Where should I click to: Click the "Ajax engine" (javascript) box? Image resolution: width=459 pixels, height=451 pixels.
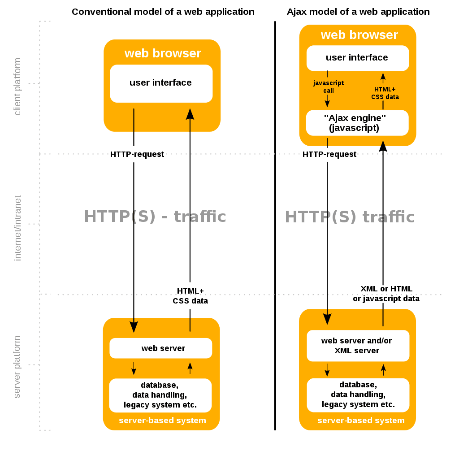tap(357, 123)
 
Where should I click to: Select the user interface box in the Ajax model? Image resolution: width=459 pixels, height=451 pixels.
tap(357, 58)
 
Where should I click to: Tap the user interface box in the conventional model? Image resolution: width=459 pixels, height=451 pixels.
tap(161, 83)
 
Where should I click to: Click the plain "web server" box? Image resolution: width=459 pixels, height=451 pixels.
tap(161, 348)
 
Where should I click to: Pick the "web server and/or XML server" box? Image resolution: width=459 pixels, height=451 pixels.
tap(357, 346)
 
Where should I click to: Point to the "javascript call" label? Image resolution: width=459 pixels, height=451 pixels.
tap(328, 87)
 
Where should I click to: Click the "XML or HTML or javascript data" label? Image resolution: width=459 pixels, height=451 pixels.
tap(386, 294)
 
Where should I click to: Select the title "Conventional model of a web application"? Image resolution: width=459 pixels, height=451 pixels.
tap(163, 12)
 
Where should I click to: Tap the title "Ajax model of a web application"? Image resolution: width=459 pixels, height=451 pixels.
tap(358, 12)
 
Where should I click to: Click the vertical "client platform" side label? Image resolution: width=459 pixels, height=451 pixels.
tap(17, 87)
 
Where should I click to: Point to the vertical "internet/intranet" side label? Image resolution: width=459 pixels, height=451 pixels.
tap(17, 228)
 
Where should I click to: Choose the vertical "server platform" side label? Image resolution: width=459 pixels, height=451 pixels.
tap(17, 367)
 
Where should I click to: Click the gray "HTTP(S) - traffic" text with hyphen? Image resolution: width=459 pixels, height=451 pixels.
tap(155, 217)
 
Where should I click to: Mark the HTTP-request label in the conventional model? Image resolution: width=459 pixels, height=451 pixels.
tap(137, 154)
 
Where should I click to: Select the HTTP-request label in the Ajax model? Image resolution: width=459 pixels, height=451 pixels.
tap(329, 154)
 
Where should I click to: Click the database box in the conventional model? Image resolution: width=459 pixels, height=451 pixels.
tap(160, 395)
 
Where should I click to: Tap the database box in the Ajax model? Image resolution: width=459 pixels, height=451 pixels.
tap(358, 395)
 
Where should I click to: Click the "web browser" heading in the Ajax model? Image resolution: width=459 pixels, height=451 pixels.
tap(359, 35)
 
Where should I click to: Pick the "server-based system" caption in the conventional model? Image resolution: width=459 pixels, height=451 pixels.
tap(162, 421)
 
